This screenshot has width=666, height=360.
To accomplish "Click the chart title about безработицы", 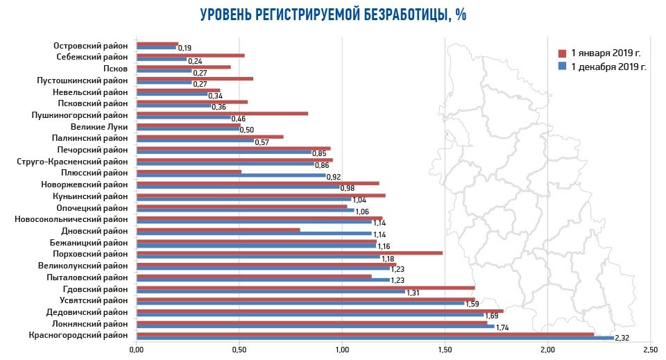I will pos(333,15).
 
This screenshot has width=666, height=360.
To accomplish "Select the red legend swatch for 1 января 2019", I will pos(563,53).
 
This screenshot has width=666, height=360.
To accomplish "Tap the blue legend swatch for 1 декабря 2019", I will pos(563,67).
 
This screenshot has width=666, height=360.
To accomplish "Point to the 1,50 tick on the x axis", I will pos(444,349).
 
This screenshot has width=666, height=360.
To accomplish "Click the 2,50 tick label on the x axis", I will pos(649,349).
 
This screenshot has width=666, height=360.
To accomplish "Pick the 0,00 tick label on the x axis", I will pos(137,349).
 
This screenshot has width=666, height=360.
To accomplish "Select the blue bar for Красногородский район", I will pos(375,338).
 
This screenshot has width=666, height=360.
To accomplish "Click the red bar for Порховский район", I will pos(289,252).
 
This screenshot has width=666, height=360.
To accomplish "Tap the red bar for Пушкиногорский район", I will pos(222,113).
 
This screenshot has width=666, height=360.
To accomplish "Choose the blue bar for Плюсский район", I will pos(231,175).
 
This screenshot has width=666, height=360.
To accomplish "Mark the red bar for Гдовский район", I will pos(305,287).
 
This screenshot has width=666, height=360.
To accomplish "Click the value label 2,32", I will pos(622,338).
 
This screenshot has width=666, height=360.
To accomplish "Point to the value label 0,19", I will pos(185,49).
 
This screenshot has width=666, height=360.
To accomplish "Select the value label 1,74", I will pos(503,327).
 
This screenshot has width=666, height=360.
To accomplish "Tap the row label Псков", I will pos(115,69).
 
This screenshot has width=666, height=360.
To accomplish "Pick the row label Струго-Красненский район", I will pos(72,162).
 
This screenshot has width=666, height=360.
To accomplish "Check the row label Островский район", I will pos(90,46).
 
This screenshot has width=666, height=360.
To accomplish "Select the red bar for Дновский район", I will pos(218,230).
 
